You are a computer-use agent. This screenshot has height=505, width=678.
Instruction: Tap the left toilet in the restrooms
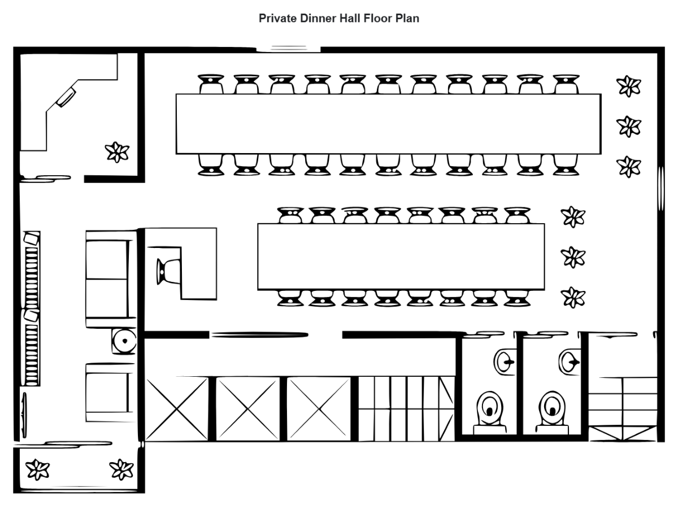point(489,411)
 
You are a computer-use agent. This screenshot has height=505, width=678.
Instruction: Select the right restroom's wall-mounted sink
point(569,360)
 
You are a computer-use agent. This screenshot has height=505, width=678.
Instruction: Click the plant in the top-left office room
point(118,151)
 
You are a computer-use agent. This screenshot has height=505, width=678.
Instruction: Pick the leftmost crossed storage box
point(177,408)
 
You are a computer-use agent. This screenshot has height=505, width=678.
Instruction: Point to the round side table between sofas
point(124,341)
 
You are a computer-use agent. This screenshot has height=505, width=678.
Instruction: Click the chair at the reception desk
point(168,272)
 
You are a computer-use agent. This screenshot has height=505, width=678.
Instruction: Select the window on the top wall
point(289,49)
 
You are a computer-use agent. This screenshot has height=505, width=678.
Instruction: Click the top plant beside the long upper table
point(628,86)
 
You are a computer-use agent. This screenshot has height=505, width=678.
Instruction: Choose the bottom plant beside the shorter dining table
point(573,296)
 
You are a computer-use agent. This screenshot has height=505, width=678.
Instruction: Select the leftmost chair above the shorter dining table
point(290,215)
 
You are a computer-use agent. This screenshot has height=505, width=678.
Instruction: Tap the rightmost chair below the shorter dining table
point(517,298)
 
